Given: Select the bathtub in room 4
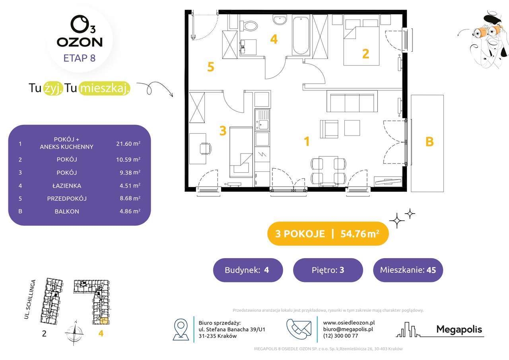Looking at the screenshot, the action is pyautogui.click(x=301, y=35).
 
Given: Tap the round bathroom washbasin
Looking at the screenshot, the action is pyautogui.click(x=280, y=19).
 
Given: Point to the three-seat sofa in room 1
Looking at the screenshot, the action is pyautogui.click(x=352, y=101).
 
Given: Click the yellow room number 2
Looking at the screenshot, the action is pyautogui.click(x=365, y=54).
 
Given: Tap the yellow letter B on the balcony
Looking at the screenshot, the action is pyautogui.click(x=429, y=141).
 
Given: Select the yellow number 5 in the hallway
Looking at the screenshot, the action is pyautogui.click(x=211, y=67).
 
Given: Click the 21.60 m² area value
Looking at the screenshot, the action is pyautogui.click(x=128, y=144).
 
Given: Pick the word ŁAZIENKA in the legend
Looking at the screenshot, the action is pyautogui.click(x=67, y=186).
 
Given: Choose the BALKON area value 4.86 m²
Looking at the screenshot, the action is pyautogui.click(x=130, y=211).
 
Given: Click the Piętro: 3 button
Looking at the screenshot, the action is pyautogui.click(x=328, y=270).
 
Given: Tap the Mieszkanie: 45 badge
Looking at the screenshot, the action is pyautogui.click(x=408, y=270).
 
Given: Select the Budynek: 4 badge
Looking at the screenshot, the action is pyautogui.click(x=248, y=270).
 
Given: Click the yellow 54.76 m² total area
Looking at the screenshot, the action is pyautogui.click(x=360, y=234).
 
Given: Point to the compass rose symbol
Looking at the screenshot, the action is pyautogui.click(x=75, y=333).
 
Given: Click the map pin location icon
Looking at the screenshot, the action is pyautogui.click(x=181, y=329).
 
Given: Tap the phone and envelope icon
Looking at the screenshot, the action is pyautogui.click(x=299, y=329).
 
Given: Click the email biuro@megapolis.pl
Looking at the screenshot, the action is pyautogui.click(x=348, y=329).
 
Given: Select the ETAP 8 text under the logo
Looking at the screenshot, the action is pyautogui.click(x=79, y=58).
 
